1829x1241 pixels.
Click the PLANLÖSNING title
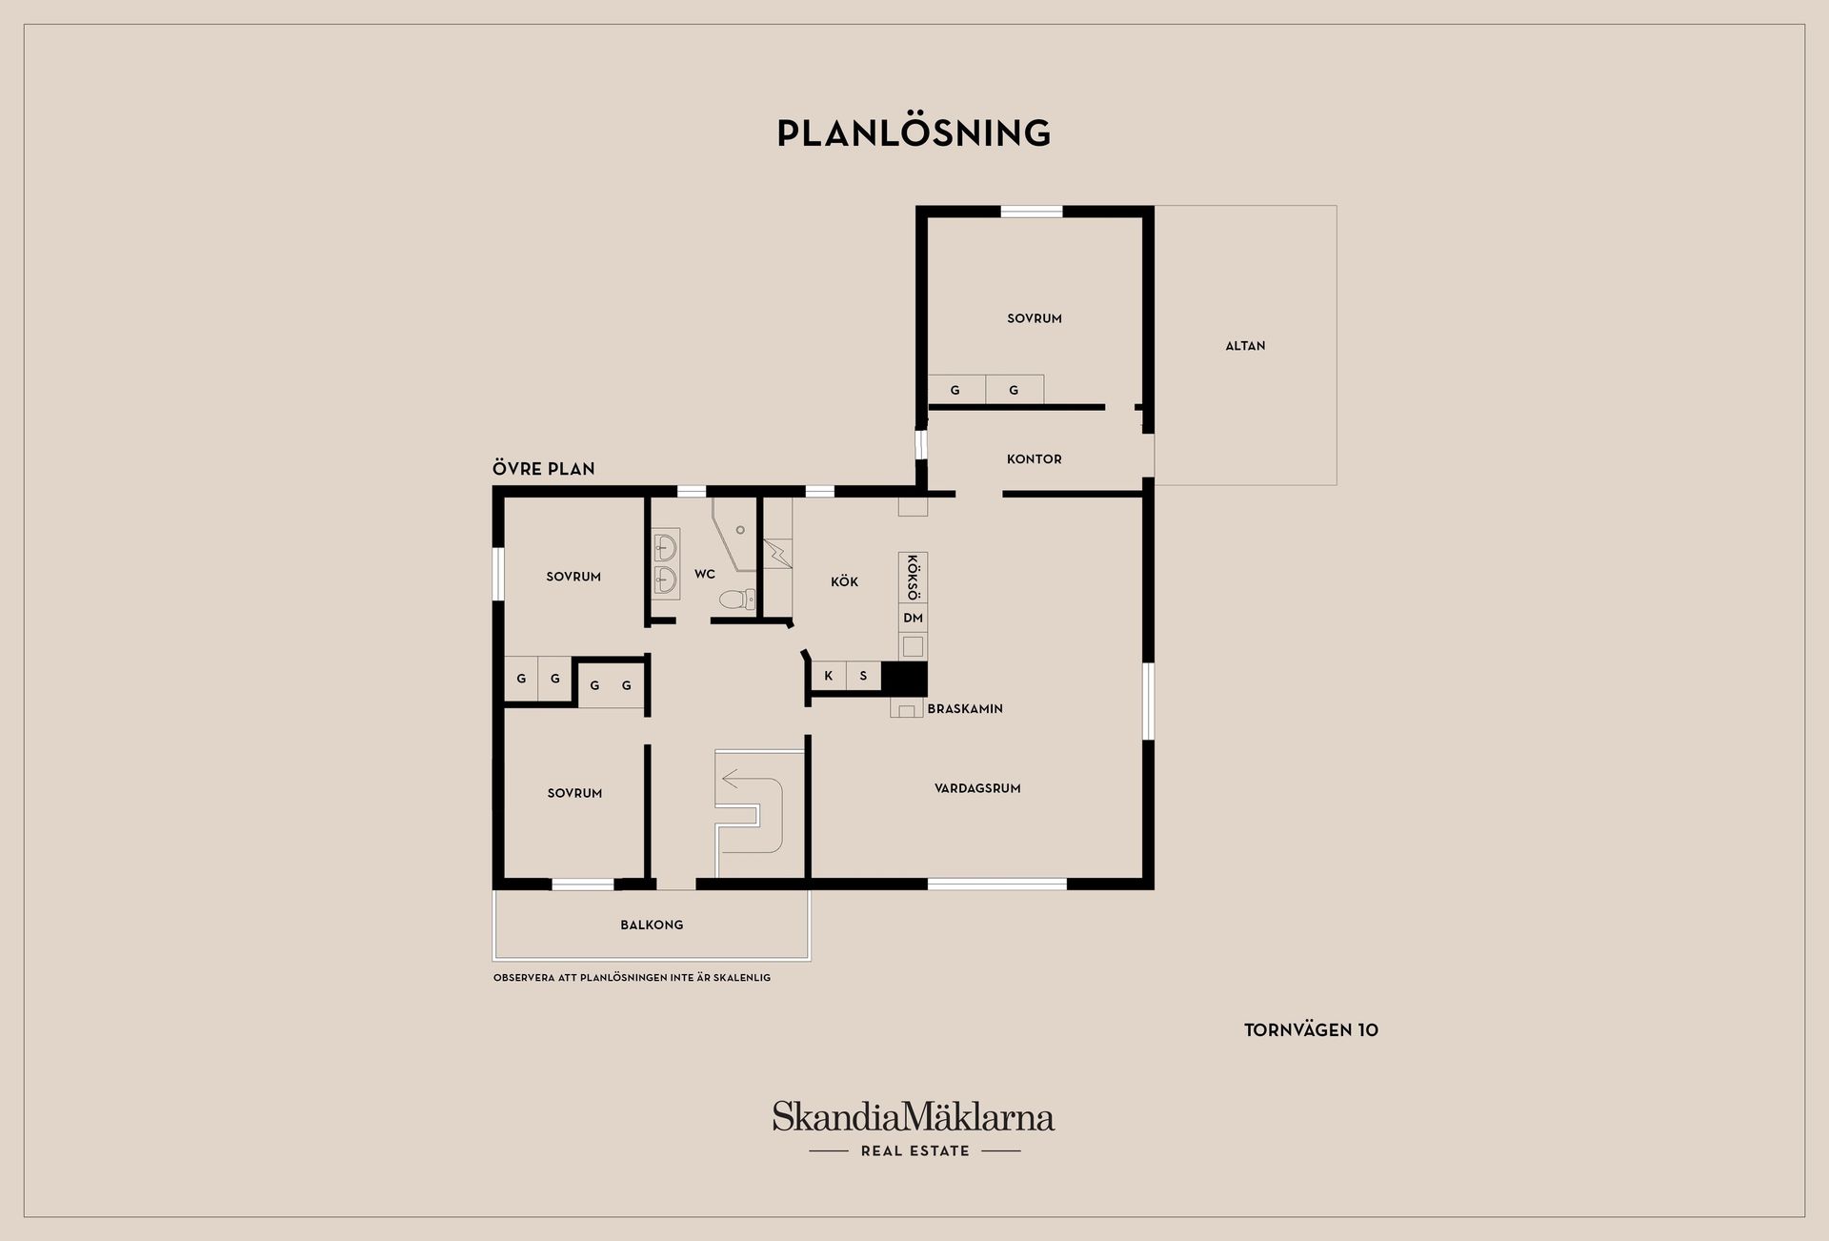point(914,132)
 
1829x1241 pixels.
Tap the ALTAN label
point(1245,346)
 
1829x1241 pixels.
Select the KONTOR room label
point(1034,459)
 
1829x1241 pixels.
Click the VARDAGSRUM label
point(977,788)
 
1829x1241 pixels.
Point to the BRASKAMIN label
point(965,709)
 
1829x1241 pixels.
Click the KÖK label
point(844,581)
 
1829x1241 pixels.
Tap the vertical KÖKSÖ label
point(913,577)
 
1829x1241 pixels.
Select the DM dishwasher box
point(913,618)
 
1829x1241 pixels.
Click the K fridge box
point(829,676)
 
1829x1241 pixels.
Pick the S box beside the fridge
point(863,676)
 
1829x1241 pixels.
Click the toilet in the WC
point(736,599)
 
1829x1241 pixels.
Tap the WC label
point(704,574)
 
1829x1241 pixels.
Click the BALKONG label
point(652,925)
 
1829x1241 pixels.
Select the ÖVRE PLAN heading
point(543,469)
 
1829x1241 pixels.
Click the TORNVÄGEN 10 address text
point(1311,1030)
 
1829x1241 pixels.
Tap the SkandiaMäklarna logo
point(914,1116)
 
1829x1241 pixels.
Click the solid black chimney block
point(904,679)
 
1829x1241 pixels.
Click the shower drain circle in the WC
point(740,530)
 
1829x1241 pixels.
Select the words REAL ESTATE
point(914,1151)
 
